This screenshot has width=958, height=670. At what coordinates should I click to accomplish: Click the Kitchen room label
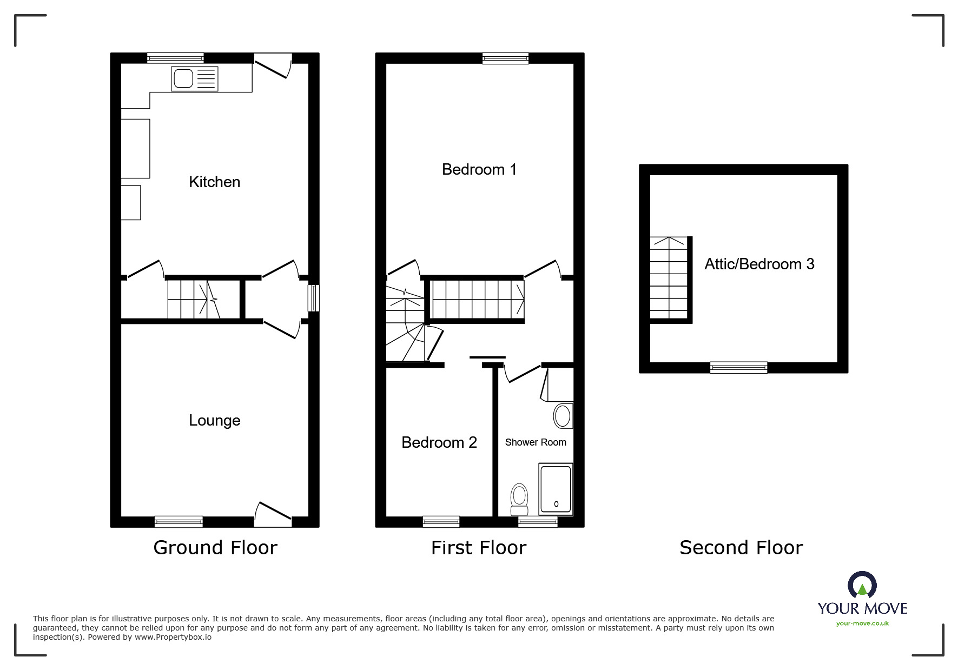pos(214,182)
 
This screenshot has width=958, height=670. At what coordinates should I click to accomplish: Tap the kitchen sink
pos(195,79)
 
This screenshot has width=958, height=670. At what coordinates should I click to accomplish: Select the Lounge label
pos(214,420)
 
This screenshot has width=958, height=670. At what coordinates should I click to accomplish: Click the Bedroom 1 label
pos(479,169)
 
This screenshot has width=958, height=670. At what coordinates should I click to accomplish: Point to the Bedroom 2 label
pos(439,442)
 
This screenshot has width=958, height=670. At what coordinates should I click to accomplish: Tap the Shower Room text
pos(535,442)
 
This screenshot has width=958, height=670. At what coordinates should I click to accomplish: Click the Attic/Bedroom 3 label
pos(759,264)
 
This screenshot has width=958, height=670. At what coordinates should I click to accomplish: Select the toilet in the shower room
pos(519,499)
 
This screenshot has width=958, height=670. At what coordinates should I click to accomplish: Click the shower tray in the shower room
pos(556,489)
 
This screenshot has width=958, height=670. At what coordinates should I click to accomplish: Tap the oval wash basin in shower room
pos(562,416)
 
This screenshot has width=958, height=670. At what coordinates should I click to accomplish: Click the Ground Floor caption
pos(215,548)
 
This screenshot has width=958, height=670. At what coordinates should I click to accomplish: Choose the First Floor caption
pos(478,548)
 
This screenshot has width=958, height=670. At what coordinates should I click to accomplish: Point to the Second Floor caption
pos(741,548)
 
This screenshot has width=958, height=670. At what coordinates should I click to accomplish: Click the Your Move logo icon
pos(862,585)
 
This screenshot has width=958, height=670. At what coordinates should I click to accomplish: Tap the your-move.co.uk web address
pos(862,623)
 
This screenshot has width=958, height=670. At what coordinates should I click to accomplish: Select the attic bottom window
pos(738,368)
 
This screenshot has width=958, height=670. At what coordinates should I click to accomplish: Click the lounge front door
pos(273,514)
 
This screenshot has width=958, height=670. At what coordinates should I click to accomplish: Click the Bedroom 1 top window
pos(505,58)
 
